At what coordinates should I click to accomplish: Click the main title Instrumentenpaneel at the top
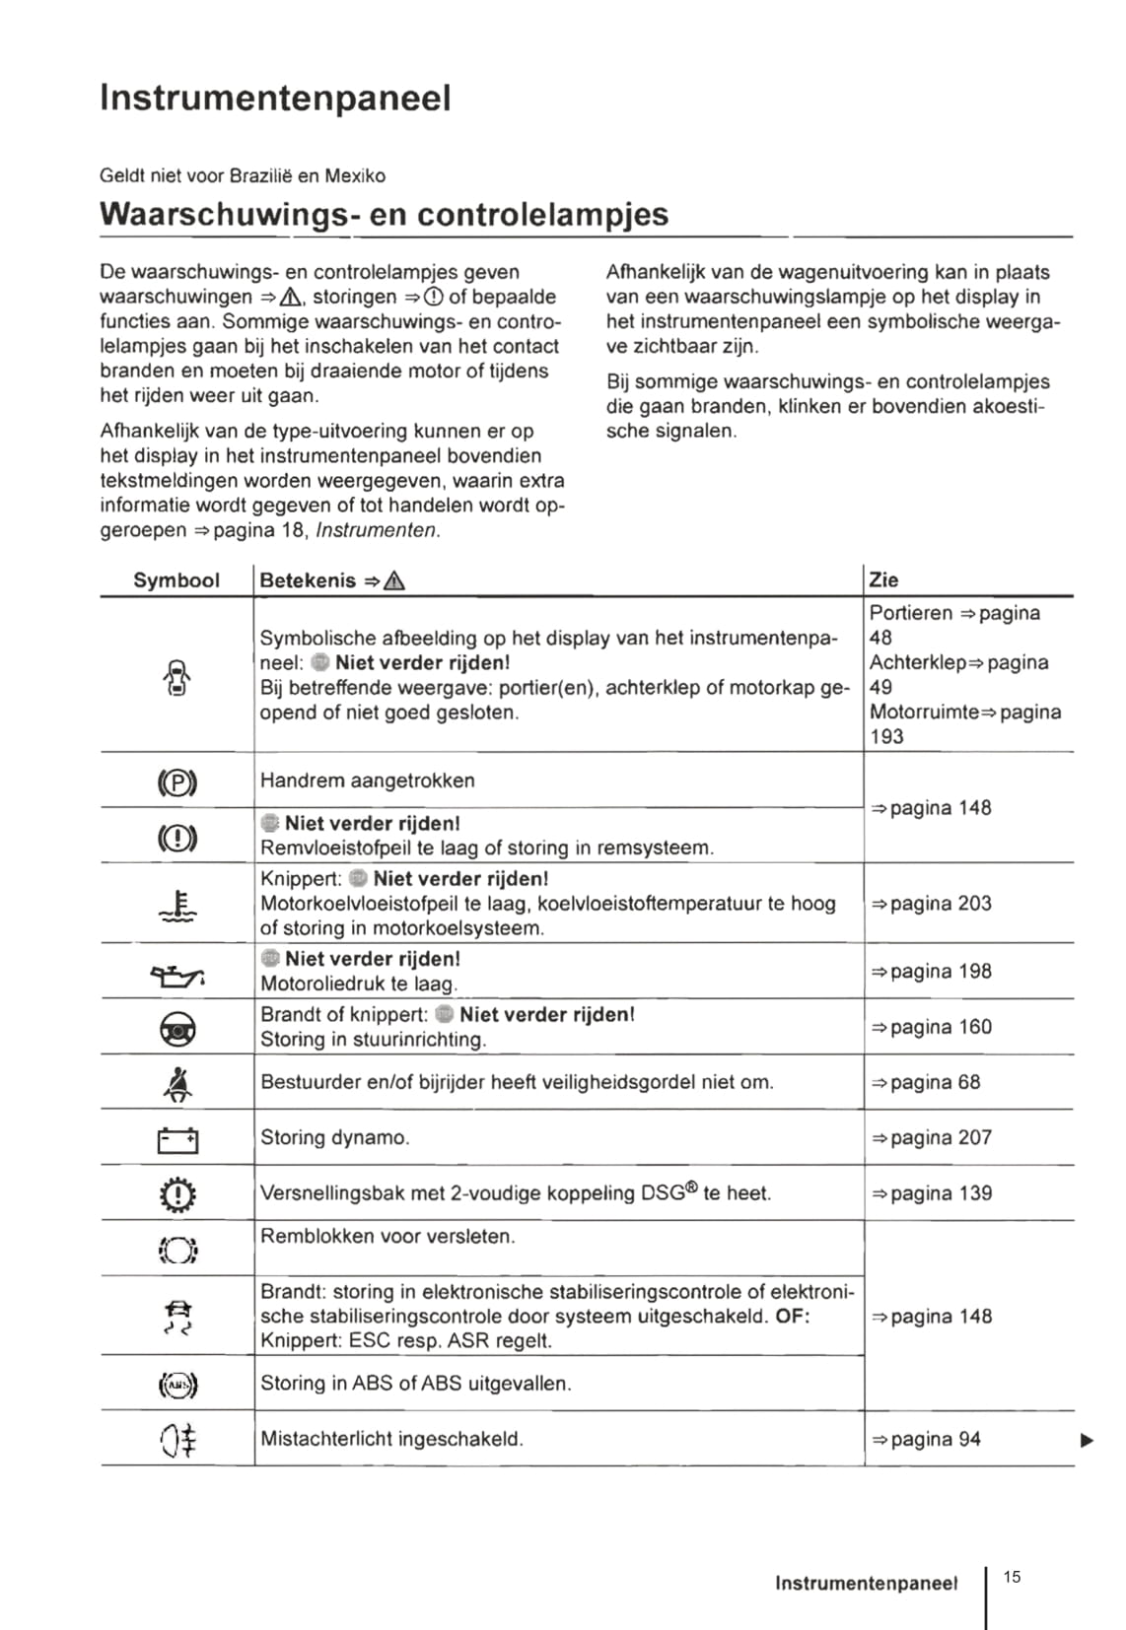[x=275, y=98]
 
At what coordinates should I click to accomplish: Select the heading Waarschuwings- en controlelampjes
[x=384, y=214]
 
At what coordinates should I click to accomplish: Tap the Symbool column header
[x=176, y=580]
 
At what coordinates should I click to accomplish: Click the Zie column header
[x=883, y=580]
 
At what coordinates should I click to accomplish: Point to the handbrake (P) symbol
[x=177, y=782]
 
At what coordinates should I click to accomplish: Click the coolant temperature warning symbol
[x=178, y=906]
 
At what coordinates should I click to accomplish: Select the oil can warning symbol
[x=177, y=975]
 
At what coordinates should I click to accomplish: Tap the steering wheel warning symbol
[x=177, y=1029]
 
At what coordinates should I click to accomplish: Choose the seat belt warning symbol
[x=177, y=1084]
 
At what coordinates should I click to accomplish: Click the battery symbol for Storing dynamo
[x=177, y=1140]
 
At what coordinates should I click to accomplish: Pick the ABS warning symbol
[x=177, y=1386]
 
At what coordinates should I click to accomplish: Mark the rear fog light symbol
[x=177, y=1441]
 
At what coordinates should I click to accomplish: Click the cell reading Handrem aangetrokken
[x=367, y=781]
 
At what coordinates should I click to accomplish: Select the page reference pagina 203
[x=932, y=904]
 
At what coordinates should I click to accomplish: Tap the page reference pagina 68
[x=926, y=1082]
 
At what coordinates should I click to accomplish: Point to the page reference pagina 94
[x=926, y=1439]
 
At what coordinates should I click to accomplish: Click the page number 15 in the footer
[x=1012, y=1577]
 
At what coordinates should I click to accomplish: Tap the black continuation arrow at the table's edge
[x=1087, y=1441]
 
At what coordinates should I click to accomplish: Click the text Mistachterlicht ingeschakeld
[x=391, y=1439]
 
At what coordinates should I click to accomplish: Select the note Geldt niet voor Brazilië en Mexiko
[x=243, y=176]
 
